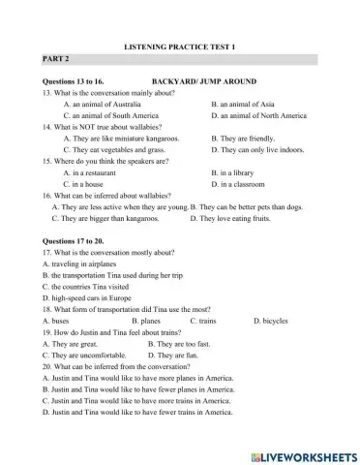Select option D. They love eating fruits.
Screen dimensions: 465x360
point(233,218)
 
